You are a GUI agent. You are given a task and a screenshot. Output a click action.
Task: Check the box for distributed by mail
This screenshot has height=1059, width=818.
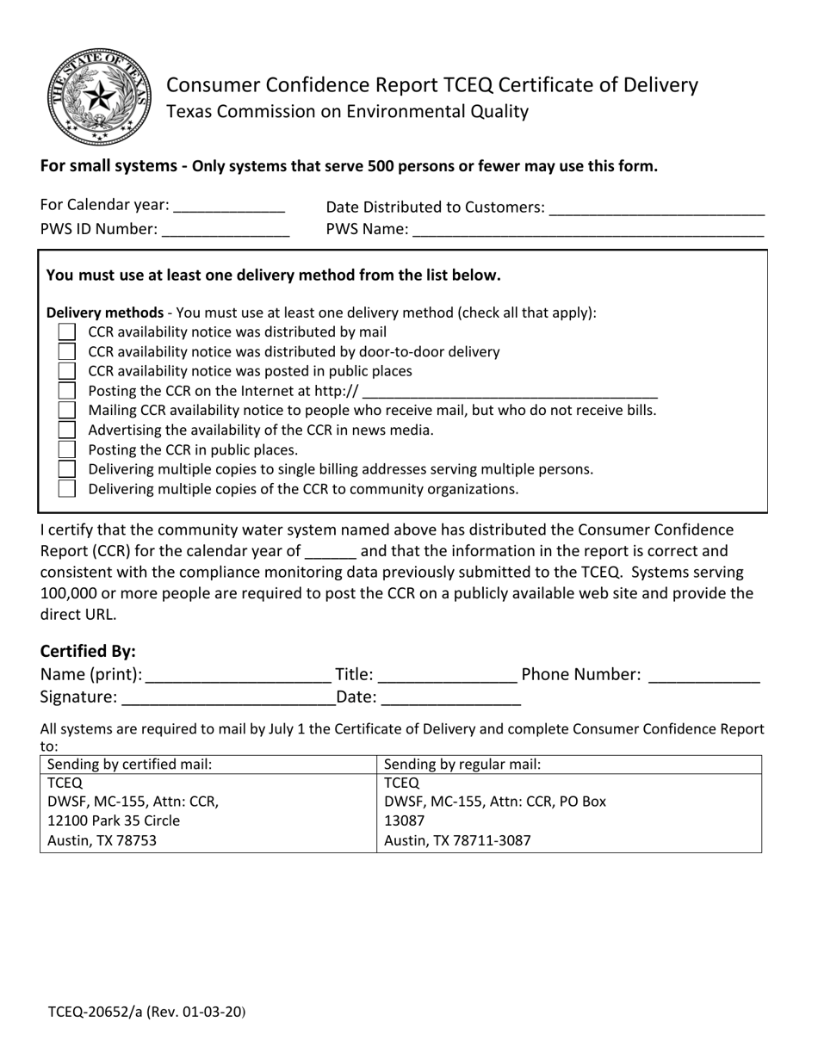pos(67,332)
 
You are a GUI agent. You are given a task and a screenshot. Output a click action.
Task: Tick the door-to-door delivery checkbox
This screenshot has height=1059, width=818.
pos(67,352)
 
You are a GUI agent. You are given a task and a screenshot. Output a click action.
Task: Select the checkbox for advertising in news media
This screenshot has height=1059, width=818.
pos(67,430)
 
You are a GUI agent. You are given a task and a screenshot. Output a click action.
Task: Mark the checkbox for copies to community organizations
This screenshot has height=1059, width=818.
pos(67,489)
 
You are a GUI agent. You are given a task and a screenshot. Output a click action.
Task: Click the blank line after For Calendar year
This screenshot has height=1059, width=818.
pos(229,207)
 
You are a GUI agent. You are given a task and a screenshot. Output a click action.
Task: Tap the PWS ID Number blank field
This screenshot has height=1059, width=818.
pos(226,231)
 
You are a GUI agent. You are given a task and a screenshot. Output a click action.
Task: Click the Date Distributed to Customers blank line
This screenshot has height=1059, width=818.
pos(656,209)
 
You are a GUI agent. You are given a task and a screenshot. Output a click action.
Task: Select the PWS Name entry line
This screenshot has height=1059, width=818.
pos(588,232)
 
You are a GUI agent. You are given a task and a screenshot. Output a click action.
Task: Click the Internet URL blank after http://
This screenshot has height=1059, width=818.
pos(511,393)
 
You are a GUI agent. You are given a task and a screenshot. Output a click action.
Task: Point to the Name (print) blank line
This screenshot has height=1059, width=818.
pos(239,677)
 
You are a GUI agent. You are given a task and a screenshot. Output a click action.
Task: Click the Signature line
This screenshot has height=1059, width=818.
pos(228,699)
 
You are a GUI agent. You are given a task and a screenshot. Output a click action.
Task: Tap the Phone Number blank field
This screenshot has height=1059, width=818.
pos(703,677)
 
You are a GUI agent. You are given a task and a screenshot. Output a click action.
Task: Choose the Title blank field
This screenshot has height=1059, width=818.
pos(447,677)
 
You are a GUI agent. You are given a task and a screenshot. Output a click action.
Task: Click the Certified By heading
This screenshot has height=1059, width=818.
pos(88,651)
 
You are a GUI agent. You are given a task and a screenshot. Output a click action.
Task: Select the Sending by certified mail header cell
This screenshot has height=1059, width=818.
pos(130,765)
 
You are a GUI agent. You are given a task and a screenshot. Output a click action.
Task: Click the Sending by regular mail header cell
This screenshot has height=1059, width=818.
pos(462,765)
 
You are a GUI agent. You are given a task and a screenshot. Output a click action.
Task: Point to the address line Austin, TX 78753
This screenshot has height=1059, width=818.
pos(102,840)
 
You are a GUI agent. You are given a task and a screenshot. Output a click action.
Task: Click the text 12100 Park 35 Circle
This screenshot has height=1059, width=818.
pos(114,821)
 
